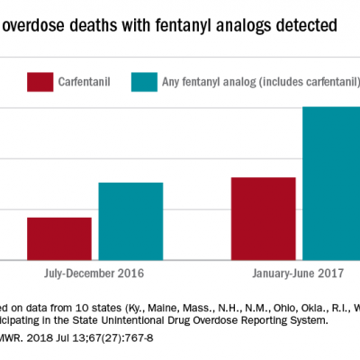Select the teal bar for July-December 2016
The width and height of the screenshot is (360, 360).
point(130,221)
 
